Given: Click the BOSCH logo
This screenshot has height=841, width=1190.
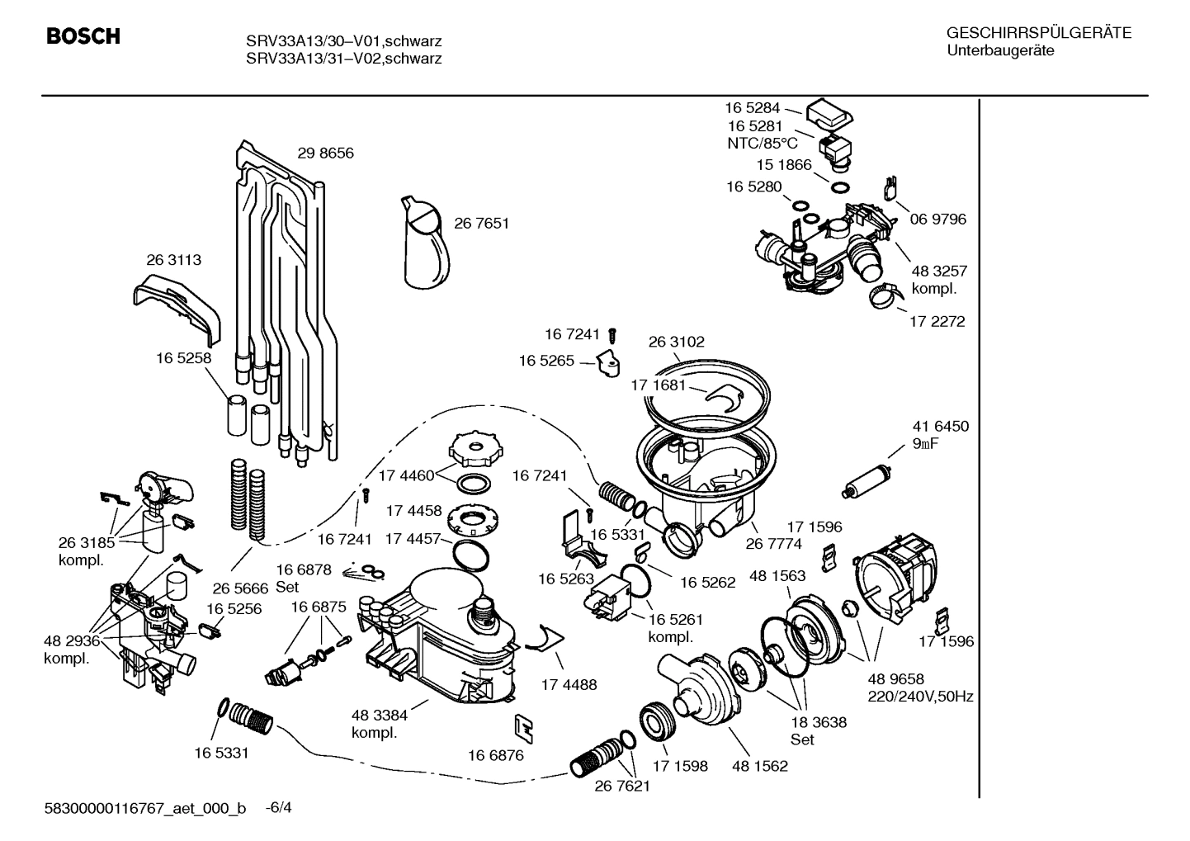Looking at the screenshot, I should [x=83, y=37].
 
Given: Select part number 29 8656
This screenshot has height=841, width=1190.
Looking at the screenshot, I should [x=325, y=154].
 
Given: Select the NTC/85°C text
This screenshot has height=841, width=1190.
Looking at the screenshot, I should [x=763, y=144].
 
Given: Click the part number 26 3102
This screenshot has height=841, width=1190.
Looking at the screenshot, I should [x=676, y=342].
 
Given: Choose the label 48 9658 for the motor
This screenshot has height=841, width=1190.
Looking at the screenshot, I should [x=895, y=678].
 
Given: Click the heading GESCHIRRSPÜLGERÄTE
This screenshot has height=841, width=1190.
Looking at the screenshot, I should [x=1038, y=33].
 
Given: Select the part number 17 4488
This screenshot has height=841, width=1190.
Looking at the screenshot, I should [x=569, y=685].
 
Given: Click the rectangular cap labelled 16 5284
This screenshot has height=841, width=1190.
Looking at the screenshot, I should [x=831, y=113].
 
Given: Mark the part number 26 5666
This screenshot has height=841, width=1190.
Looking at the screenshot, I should [x=240, y=588].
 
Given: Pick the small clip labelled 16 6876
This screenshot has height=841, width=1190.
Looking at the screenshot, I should [x=522, y=727].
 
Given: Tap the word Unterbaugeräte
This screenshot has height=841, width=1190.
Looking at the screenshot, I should [x=1000, y=50].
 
